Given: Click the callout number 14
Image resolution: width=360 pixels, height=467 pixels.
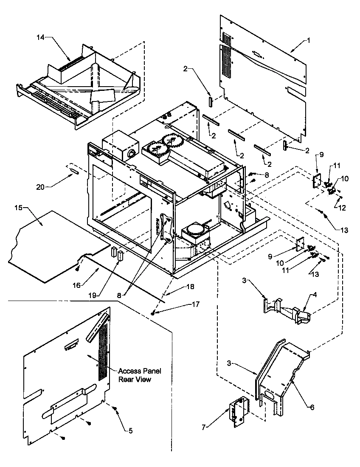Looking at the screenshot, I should click(40, 38).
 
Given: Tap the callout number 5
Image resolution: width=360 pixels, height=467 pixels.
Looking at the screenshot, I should click(130, 430).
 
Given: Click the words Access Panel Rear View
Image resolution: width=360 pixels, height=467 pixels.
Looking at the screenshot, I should click(134, 375).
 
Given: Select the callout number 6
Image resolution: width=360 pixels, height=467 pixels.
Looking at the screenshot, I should click(312, 407).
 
